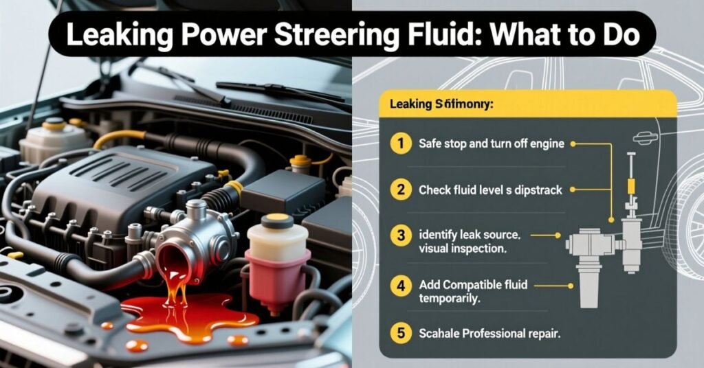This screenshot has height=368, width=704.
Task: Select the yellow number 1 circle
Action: (398, 144)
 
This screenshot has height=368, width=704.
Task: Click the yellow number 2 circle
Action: (398, 189)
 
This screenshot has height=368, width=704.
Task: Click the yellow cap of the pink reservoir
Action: (277, 222)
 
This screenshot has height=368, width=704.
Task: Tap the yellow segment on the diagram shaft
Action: (630, 186)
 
